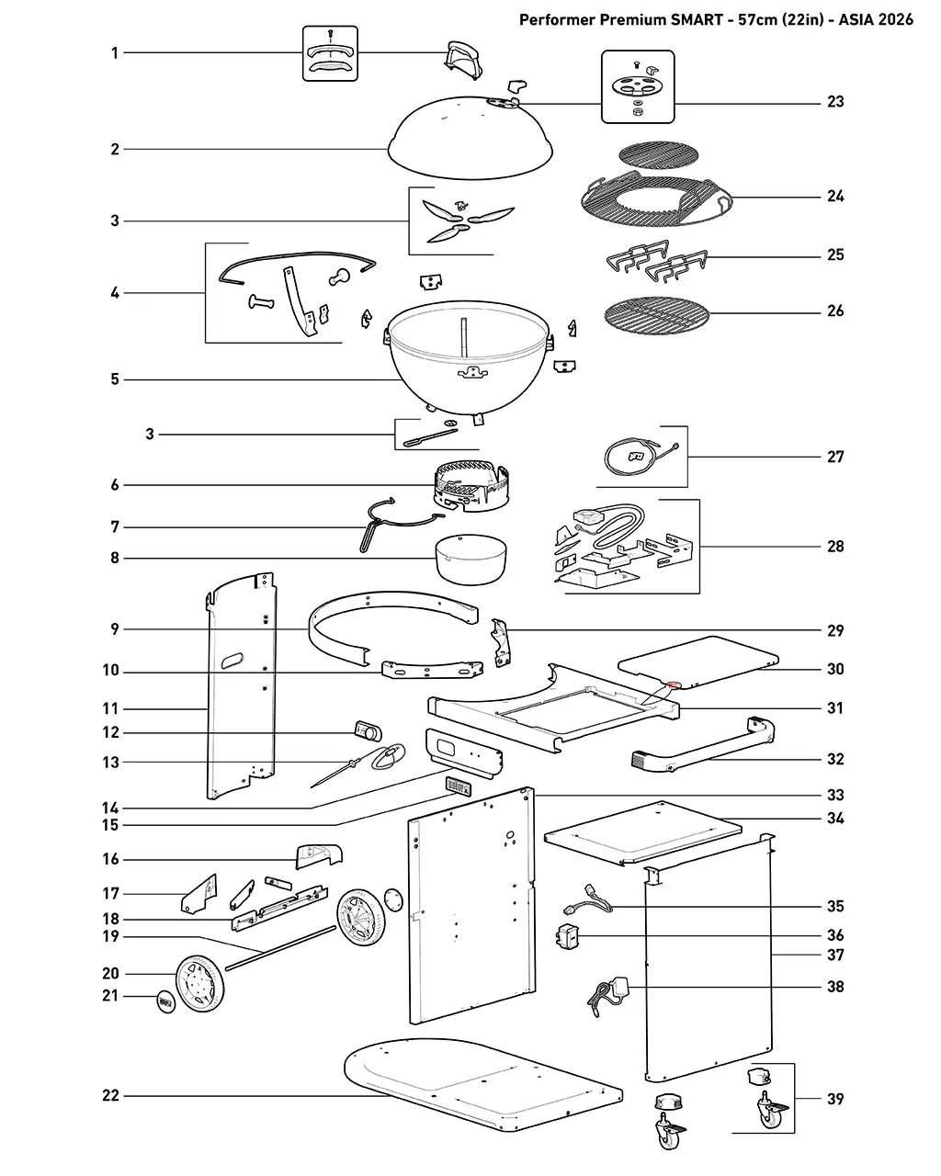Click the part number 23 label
835,102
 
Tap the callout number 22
110,1095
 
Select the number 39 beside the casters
835,1099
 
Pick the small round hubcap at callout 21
166,1002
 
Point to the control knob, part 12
368,731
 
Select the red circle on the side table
673,684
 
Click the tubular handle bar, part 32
703,744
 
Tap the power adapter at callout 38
608,996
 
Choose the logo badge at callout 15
459,786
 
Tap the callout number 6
115,485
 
